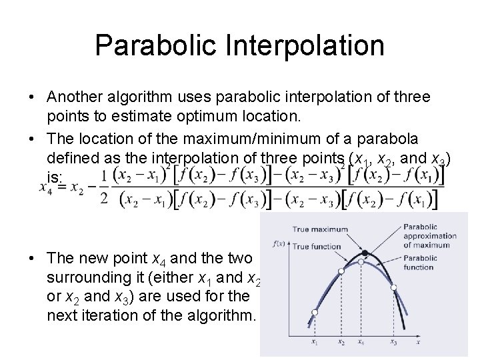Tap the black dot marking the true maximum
click(x=365, y=253)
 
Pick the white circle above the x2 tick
click(x=341, y=271)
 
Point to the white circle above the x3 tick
click(x=394, y=288)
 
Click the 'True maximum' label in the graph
click(x=320, y=229)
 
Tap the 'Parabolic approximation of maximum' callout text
click(x=427, y=235)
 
